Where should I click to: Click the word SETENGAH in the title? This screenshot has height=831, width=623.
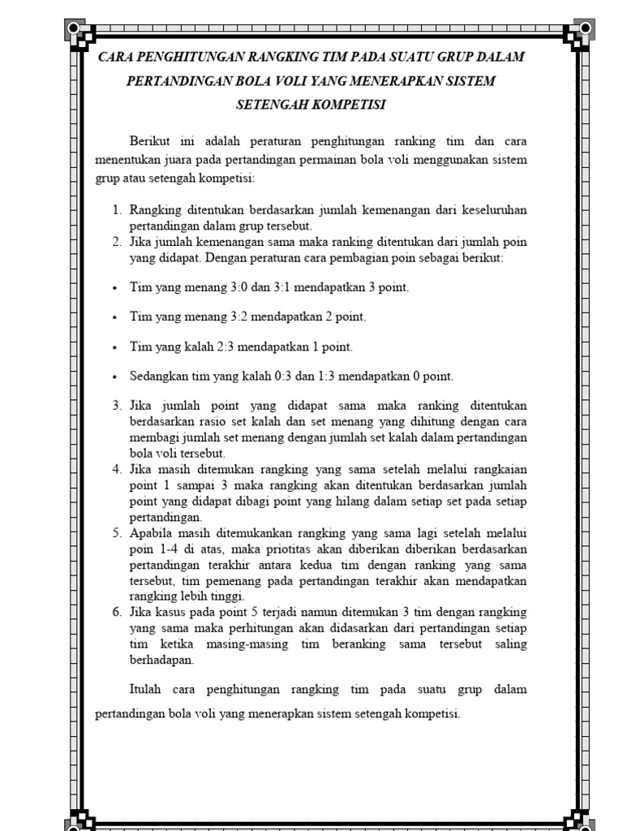click(272, 105)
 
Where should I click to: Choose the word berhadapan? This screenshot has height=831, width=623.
click(161, 660)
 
